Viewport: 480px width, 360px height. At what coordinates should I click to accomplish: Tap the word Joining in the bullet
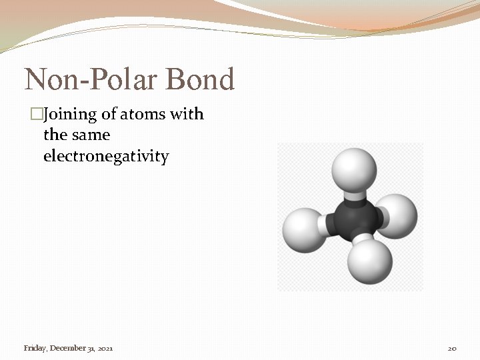pyautogui.click(x=70, y=115)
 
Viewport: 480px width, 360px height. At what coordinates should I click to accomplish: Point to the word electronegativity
pyautogui.click(x=106, y=157)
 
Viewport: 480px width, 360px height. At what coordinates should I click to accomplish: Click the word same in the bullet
pyautogui.click(x=91, y=135)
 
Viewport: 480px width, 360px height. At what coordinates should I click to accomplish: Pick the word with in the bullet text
pyautogui.click(x=187, y=115)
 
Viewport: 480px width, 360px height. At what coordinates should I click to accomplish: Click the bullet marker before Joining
pyautogui.click(x=37, y=115)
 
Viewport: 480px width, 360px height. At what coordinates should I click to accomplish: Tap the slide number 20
pyautogui.click(x=451, y=349)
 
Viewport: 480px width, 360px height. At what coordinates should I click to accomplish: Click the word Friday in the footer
pyautogui.click(x=35, y=348)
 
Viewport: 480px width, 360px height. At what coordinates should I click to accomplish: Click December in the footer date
pyautogui.click(x=67, y=348)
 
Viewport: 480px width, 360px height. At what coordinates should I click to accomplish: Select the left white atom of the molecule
pyautogui.click(x=303, y=230)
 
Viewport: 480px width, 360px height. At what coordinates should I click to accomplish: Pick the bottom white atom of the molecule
pyautogui.click(x=369, y=261)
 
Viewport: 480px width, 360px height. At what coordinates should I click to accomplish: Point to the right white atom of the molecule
pyautogui.click(x=398, y=215)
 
